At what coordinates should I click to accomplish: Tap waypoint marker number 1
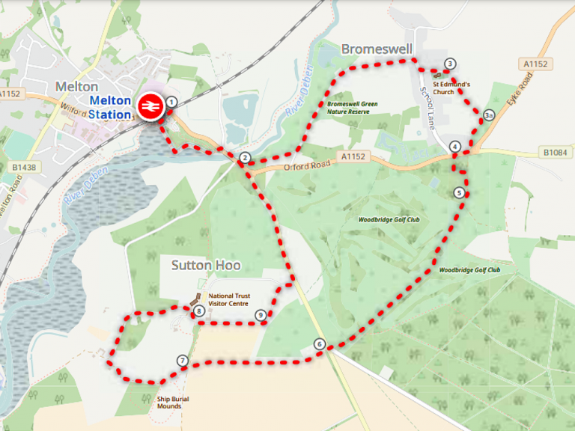click(x=171, y=101)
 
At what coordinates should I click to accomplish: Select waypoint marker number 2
click(x=244, y=157)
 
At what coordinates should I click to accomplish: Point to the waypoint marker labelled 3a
click(x=488, y=115)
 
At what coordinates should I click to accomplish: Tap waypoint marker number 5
click(x=459, y=192)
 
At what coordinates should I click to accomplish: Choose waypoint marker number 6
click(x=320, y=344)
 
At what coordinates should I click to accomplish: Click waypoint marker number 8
click(x=198, y=311)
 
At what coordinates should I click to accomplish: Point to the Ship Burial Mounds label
click(x=173, y=403)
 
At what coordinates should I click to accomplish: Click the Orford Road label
click(x=307, y=166)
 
